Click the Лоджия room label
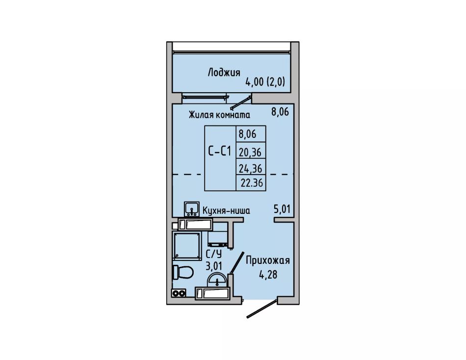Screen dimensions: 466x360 (x=224, y=73)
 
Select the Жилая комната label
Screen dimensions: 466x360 (x=219, y=115)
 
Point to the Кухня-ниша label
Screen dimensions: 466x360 (x=226, y=210)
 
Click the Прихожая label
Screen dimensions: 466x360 (x=267, y=261)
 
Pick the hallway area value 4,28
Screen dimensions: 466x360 (x=268, y=274)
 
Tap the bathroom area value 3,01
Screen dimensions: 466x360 (x=214, y=265)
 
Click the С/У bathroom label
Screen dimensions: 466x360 (x=214, y=254)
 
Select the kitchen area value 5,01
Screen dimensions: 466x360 (x=282, y=209)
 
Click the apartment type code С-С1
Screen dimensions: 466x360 (x=219, y=152)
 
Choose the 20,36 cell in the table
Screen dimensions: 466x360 (x=250, y=153)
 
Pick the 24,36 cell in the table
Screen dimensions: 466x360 (x=251, y=169)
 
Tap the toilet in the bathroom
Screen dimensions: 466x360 (x=183, y=272)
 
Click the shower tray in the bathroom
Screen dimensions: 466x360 (x=186, y=246)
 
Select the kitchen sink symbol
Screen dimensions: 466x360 (x=192, y=209)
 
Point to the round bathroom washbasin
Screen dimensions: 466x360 (x=217, y=280)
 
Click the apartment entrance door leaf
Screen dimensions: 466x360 (x=262, y=309)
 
